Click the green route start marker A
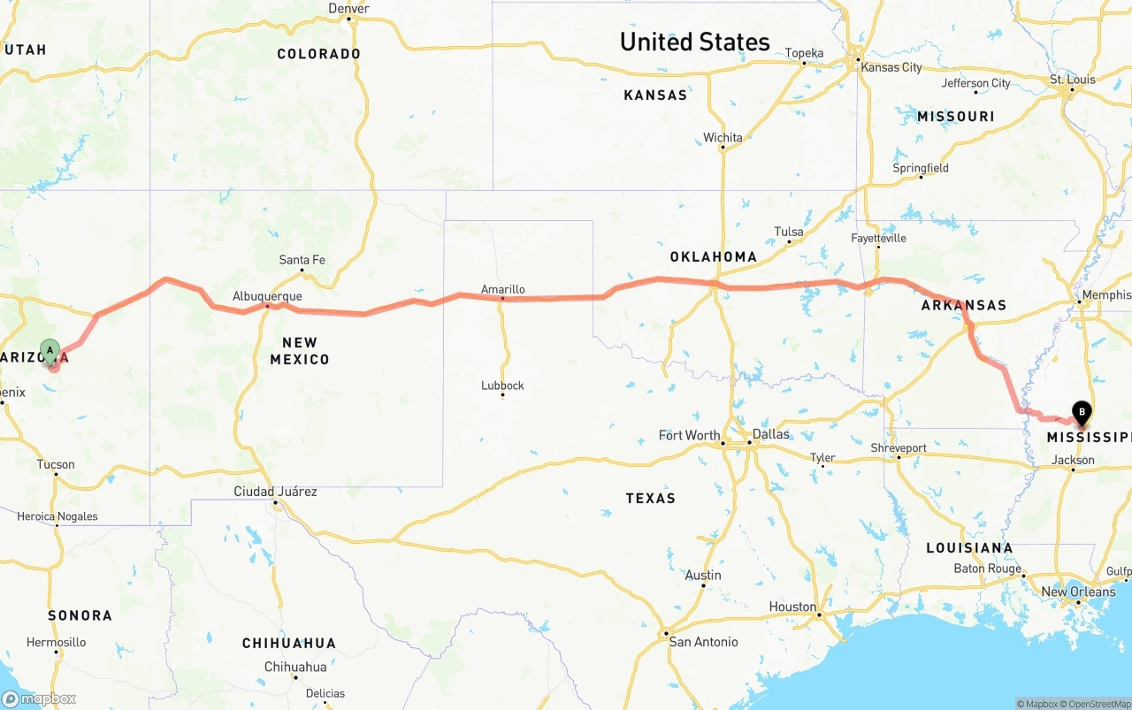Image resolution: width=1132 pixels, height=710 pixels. tap(50, 351)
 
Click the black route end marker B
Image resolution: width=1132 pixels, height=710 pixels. tap(1081, 410)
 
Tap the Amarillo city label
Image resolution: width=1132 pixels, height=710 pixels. tap(502, 289)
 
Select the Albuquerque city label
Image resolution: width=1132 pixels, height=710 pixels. tap(267, 296)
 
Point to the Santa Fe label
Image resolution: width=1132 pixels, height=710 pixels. tap(302, 260)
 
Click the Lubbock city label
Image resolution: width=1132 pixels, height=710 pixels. tap(502, 386)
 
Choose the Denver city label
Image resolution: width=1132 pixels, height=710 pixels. tap(348, 9)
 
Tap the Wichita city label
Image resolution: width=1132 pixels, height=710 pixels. tap(723, 138)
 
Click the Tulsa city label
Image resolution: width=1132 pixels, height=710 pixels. tap(788, 233)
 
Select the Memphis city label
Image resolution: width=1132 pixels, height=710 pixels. tap(1106, 295)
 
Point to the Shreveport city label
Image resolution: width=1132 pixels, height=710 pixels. tap(899, 448)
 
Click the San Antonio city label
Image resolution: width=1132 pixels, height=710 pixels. tap(704, 642)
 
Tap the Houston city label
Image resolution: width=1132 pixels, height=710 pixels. tap(792, 607)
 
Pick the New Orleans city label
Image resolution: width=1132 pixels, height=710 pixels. tap(1078, 592)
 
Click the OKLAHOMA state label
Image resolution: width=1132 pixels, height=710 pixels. tap(713, 257)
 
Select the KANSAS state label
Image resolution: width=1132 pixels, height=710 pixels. tap(654, 95)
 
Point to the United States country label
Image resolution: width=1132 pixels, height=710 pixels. tap(694, 42)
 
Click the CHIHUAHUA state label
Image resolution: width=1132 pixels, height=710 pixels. tap(289, 643)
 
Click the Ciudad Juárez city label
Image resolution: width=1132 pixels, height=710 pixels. tap(275, 492)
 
